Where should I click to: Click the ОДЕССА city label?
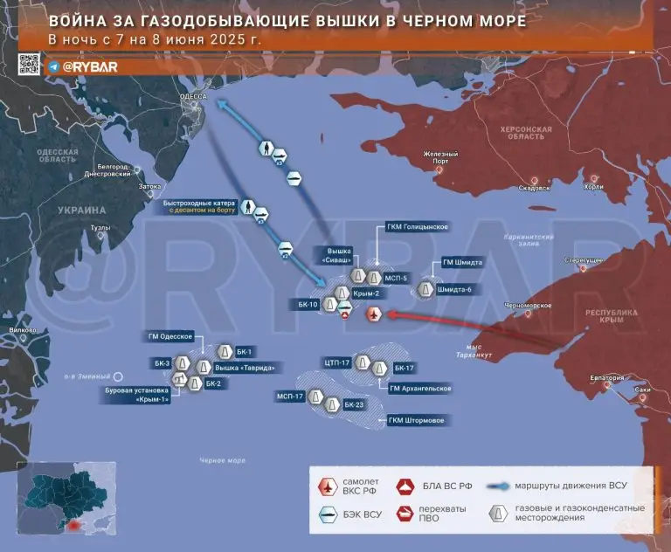point(191,96)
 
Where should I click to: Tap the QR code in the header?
point(29,64)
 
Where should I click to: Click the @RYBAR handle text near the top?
point(83,66)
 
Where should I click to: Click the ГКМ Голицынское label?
point(417,227)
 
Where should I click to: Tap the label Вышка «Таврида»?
point(245,368)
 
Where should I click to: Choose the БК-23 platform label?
point(353,404)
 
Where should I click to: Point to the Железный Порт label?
point(440,157)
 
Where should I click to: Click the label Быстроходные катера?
point(202,204)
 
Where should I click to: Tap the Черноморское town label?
point(529,306)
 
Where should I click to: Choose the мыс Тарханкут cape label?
point(481,351)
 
